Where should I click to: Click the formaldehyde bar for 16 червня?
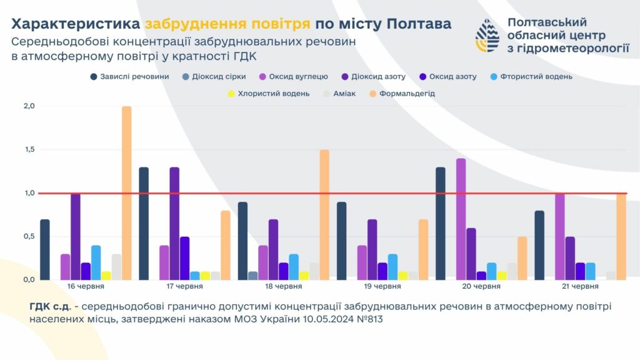pos(126,193)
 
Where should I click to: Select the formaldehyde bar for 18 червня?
pos(324,215)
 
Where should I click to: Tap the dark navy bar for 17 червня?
pos(144,224)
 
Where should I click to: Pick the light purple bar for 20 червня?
pos(461,219)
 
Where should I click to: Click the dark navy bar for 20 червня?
pos(441,224)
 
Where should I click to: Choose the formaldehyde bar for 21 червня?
pos(621,237)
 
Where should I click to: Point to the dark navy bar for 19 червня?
pos(342,241)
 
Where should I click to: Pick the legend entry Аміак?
pos(344,94)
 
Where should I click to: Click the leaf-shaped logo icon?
pos(487,35)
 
